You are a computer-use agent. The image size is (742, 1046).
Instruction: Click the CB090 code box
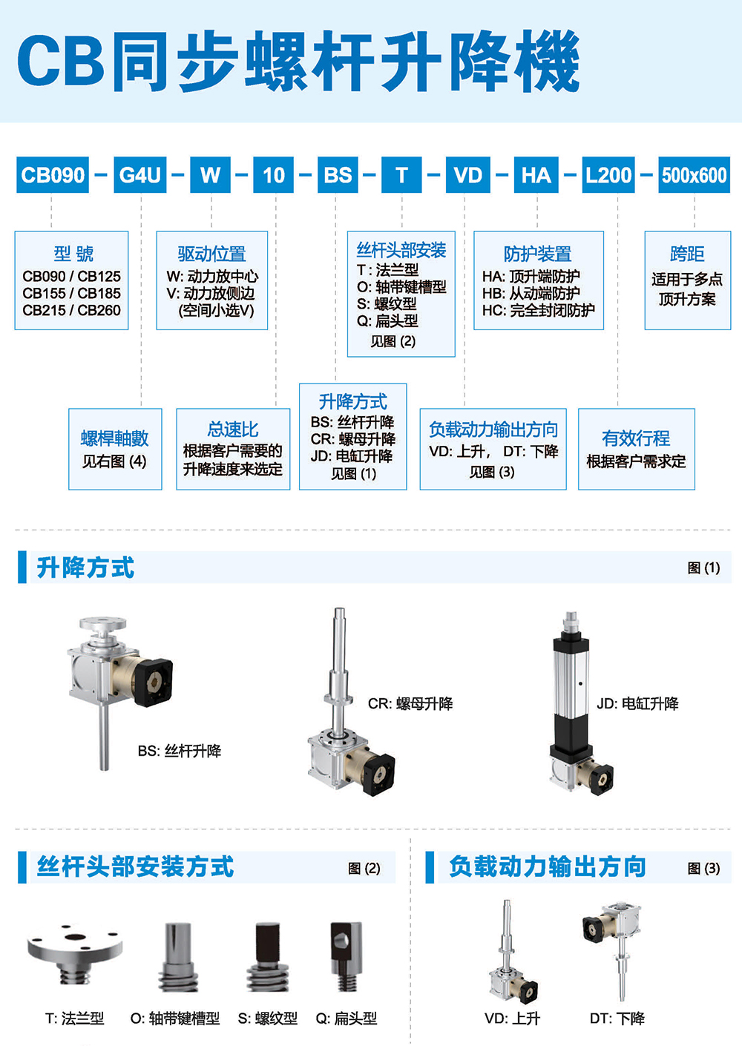(x=52, y=174)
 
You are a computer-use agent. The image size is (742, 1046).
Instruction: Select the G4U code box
(x=140, y=174)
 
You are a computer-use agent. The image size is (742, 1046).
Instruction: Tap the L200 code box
(x=608, y=174)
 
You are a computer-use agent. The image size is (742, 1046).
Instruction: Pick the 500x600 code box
(x=694, y=174)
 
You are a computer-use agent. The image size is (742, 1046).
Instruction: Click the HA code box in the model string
(x=536, y=174)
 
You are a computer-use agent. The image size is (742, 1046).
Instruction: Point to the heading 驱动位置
(x=211, y=254)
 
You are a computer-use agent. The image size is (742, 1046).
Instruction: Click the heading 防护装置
(x=537, y=254)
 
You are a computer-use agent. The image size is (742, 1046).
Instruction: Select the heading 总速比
(x=232, y=429)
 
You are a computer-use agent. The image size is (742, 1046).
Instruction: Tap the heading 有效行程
(x=636, y=438)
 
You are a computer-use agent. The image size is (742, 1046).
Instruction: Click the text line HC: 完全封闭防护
(x=539, y=310)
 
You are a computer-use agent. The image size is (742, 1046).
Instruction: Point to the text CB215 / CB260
(x=71, y=310)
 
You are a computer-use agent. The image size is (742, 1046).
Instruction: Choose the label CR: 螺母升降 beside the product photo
(x=410, y=703)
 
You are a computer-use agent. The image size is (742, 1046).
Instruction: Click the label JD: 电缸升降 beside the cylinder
(x=637, y=703)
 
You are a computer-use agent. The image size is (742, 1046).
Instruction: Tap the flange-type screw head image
(x=75, y=953)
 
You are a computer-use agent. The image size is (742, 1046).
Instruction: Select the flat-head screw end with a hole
(x=346, y=955)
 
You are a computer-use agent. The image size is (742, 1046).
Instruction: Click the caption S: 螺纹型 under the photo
(x=268, y=1018)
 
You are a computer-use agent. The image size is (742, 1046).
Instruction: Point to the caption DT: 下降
(x=617, y=1018)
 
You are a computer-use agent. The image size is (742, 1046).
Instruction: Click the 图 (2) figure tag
(x=364, y=868)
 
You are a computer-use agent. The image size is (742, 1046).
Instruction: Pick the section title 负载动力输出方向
(x=548, y=866)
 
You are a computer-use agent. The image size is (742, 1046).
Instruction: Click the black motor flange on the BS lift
(x=153, y=682)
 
